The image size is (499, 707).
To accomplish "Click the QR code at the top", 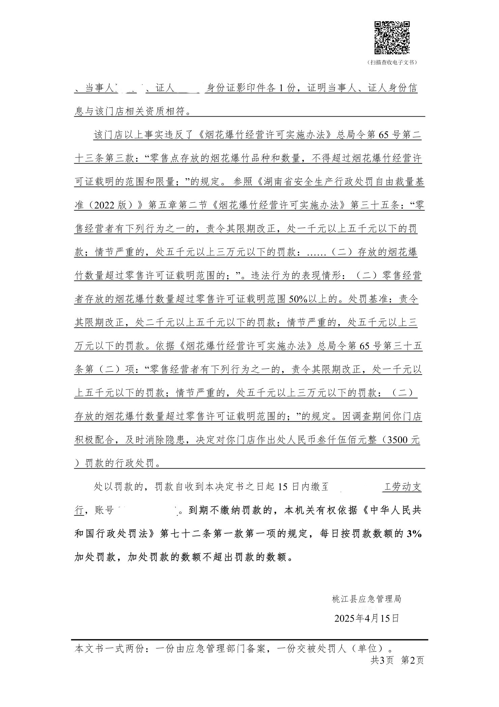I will coord(392,38).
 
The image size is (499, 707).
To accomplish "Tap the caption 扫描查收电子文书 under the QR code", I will coord(392,62).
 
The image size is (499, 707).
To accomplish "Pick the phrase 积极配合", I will coord(94,440).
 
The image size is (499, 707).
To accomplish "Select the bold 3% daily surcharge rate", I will coord(414,534).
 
